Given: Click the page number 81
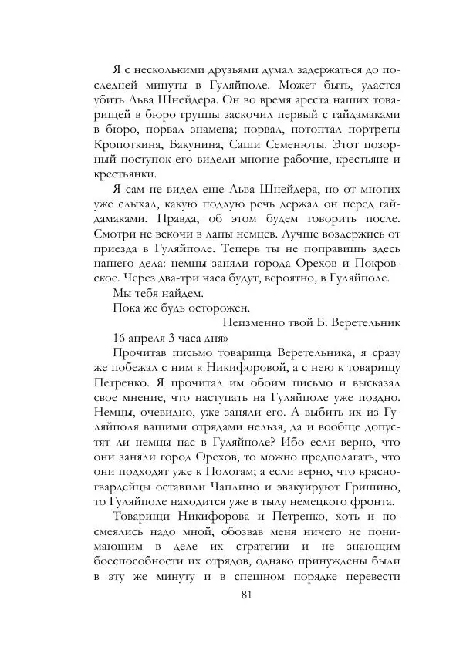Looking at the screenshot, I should click(247, 595).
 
